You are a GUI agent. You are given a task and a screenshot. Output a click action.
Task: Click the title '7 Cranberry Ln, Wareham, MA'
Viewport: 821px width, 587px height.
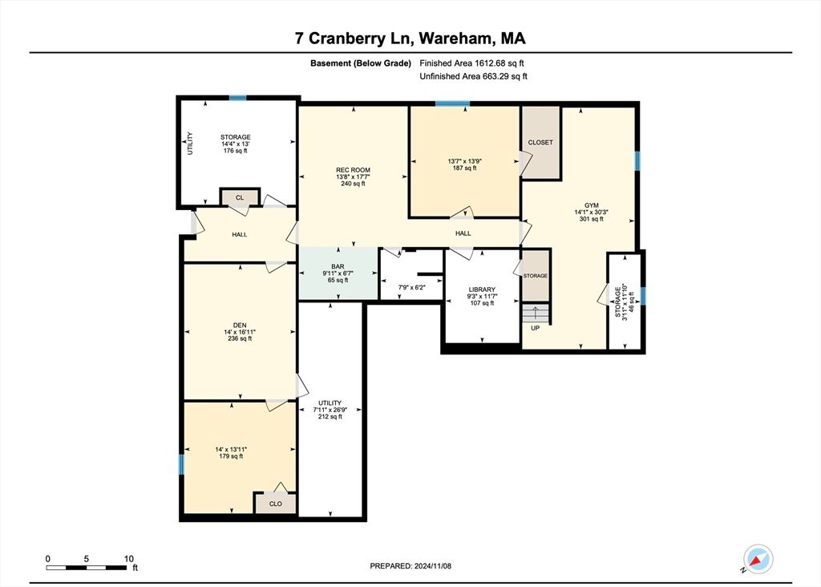click(410, 38)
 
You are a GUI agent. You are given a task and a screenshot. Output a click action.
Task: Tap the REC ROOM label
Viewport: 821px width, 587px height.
click(353, 170)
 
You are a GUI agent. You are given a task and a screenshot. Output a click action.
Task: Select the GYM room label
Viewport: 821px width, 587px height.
click(592, 205)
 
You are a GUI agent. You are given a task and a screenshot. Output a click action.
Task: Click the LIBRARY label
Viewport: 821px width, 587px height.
click(482, 289)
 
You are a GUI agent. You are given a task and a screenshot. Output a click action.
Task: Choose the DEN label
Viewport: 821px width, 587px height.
click(239, 325)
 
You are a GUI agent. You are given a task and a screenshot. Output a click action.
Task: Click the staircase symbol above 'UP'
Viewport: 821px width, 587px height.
click(534, 313)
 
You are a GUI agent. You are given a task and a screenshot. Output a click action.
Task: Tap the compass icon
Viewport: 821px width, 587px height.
click(757, 559)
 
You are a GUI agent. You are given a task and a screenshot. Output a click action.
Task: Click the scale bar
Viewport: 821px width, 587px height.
click(87, 568)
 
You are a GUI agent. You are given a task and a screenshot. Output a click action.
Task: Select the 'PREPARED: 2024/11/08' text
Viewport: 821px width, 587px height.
click(410, 566)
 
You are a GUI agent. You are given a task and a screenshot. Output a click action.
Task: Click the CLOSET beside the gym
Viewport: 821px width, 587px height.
click(540, 143)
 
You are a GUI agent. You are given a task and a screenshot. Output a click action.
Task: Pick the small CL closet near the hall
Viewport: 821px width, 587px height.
click(239, 196)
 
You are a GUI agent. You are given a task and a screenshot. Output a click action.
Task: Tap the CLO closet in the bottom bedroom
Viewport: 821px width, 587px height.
click(275, 504)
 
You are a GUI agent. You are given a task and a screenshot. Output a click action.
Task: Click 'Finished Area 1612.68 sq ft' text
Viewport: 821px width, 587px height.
click(472, 63)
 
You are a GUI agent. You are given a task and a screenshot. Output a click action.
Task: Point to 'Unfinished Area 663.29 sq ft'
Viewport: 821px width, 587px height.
click(473, 77)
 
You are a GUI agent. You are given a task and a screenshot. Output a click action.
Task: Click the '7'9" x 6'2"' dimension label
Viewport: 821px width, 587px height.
click(410, 286)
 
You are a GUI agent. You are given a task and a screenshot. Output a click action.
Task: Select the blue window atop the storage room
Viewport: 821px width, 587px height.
click(237, 98)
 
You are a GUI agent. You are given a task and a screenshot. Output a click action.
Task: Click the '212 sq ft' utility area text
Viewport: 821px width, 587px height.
click(330, 417)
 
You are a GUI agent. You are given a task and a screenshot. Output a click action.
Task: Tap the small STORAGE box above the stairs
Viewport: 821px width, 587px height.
click(536, 276)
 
